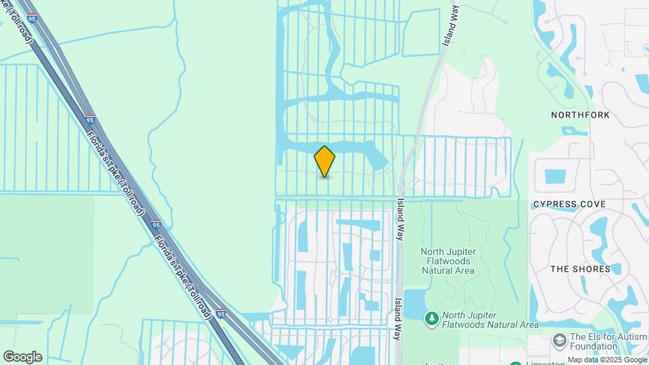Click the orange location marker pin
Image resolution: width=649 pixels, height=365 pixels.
324,162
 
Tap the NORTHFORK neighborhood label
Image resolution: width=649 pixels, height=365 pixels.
580,115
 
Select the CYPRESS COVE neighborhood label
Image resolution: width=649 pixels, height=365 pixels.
569,204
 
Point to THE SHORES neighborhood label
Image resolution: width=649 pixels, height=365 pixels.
580,269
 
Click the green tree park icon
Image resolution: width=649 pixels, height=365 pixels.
431,318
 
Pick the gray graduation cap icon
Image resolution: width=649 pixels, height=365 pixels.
559,339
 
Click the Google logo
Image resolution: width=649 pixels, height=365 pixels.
22,357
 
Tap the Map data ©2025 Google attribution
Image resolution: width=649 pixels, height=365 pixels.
606,360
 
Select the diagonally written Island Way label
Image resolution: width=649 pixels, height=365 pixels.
451,24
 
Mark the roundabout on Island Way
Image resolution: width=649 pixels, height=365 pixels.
401,187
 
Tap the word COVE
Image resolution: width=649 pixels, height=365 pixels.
593,204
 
